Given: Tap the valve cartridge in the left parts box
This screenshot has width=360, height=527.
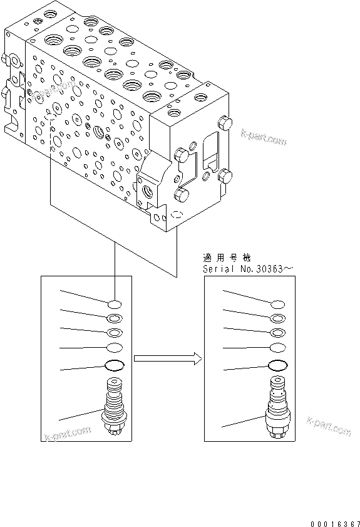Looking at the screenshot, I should pyautogui.click(x=115, y=408).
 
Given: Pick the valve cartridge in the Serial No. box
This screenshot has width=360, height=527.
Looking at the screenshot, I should pyautogui.click(x=277, y=408).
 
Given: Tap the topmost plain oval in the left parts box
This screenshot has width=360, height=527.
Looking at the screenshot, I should pyautogui.click(x=115, y=304).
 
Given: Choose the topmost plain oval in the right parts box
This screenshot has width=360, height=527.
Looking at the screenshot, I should pyautogui.click(x=277, y=304).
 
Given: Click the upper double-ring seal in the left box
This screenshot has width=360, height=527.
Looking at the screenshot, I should pyautogui.click(x=115, y=318).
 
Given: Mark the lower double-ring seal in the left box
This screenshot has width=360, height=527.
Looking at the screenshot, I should pyautogui.click(x=115, y=333).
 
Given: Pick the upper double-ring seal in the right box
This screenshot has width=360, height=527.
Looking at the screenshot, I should pyautogui.click(x=277, y=318).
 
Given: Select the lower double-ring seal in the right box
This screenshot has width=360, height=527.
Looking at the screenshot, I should pyautogui.click(x=277, y=333).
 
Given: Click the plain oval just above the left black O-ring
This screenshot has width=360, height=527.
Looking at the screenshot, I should pyautogui.click(x=115, y=348).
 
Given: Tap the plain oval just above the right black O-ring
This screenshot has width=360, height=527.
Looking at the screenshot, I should pyautogui.click(x=277, y=348).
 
